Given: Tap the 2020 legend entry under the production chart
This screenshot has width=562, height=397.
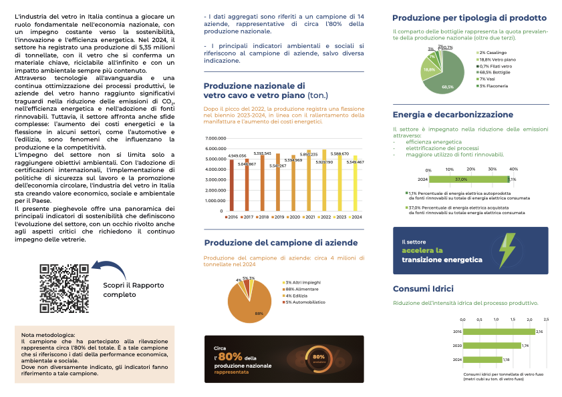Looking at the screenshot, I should click(291, 218).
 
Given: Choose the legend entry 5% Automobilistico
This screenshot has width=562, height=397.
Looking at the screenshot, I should click(307, 302).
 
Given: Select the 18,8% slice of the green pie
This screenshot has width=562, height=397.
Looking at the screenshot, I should click(429, 69).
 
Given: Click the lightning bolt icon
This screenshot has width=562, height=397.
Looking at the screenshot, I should click(509, 250).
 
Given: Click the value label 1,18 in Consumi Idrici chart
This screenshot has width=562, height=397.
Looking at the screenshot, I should click(507, 360).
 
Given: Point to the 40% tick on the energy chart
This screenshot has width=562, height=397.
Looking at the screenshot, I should click(513, 169).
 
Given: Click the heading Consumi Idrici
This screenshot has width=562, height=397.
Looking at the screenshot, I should click(423, 289).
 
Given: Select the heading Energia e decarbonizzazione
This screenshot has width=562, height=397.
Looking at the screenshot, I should click(453, 115).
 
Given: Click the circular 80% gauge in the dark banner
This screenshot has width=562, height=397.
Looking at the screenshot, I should click(319, 358).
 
